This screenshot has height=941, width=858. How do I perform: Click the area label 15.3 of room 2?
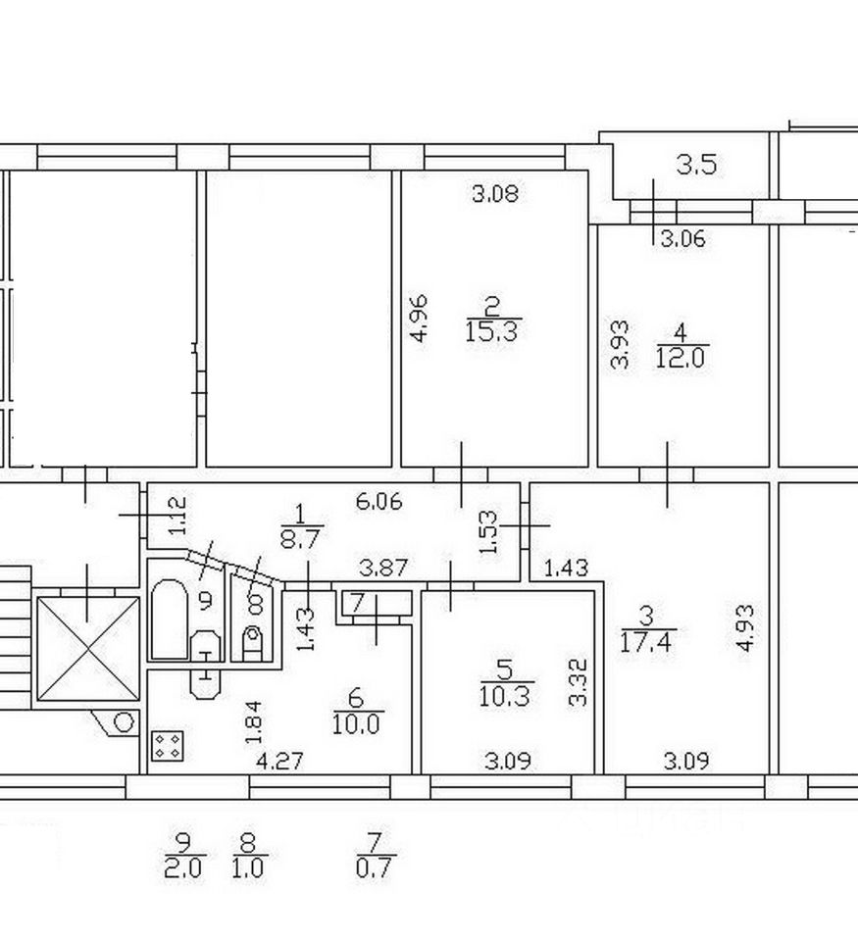point(495,331)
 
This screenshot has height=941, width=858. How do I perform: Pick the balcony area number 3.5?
point(696,165)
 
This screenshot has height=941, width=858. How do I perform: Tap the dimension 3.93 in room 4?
point(620,345)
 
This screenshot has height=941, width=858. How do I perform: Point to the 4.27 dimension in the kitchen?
point(278,760)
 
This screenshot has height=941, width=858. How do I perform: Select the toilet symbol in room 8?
point(253,642)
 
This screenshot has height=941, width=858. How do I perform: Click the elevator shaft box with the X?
point(88,648)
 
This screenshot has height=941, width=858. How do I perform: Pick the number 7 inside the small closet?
point(357,602)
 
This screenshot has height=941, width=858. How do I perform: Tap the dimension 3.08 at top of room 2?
point(494,194)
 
